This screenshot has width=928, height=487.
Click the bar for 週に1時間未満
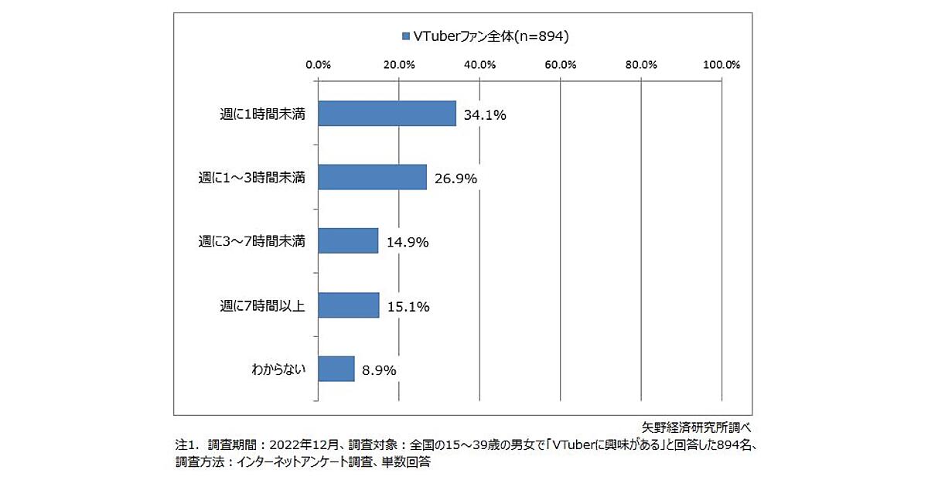(x=387, y=114)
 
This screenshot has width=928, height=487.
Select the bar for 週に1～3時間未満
(x=372, y=177)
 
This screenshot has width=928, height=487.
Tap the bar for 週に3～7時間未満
(x=348, y=240)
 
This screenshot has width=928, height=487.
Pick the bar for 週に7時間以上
(x=349, y=305)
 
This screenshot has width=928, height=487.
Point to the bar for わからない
(x=336, y=369)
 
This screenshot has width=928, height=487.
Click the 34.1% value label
(x=485, y=115)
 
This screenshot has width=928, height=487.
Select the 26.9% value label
(x=455, y=179)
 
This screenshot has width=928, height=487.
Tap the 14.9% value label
(x=408, y=243)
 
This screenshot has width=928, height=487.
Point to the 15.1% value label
(x=408, y=306)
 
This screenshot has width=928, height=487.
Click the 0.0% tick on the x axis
(x=318, y=64)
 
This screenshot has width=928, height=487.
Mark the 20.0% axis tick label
(x=399, y=64)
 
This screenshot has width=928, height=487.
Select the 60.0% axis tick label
(x=560, y=64)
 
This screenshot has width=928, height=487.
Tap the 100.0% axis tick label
(x=722, y=64)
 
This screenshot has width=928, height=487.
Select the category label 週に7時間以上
(x=261, y=305)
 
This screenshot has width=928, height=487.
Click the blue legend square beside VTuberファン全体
(x=404, y=36)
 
